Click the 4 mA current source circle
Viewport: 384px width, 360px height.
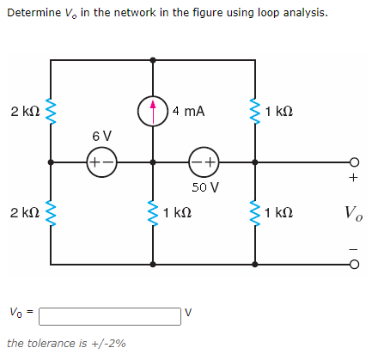pos(153,110)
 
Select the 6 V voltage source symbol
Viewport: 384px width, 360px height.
pos(101,162)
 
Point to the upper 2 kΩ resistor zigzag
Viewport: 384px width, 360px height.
pos(51,111)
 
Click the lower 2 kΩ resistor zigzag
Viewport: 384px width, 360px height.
pos(51,211)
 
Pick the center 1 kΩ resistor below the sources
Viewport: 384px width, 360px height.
pos(153,211)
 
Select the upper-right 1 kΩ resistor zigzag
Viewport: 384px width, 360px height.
pos(255,111)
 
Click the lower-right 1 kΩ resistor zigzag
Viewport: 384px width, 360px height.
pos(255,211)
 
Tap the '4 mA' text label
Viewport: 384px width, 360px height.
pos(187,111)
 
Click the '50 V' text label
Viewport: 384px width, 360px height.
pos(205,186)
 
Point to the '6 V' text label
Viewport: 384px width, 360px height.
pos(101,137)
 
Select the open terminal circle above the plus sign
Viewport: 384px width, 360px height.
pos(354,162)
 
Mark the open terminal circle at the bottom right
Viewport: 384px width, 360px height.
pos(354,263)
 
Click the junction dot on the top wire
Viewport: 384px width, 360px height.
pos(153,60)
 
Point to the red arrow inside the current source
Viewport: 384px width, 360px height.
pos(153,109)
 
